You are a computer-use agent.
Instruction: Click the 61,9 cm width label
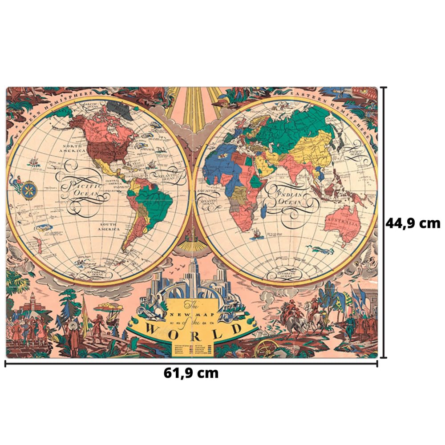pos(191,373)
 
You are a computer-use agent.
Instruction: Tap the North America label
pos(74,148)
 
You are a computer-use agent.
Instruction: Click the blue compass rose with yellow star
pos(28,190)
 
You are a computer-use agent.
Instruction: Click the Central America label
pos(114,183)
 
